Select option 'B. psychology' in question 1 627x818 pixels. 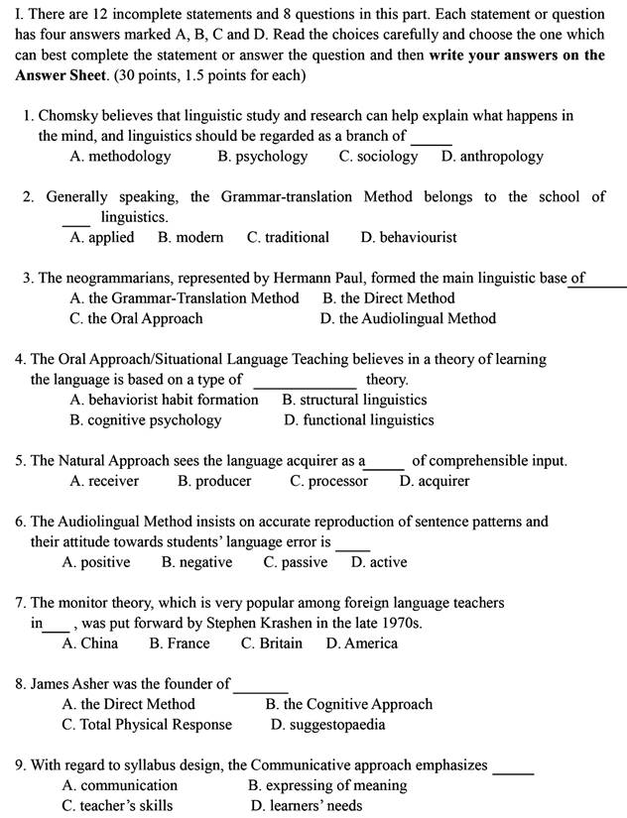pyautogui.click(x=262, y=157)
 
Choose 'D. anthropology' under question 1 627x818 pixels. pyautogui.click(x=492, y=157)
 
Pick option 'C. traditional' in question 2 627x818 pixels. pyautogui.click(x=288, y=238)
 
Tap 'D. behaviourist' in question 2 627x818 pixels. pyautogui.click(x=409, y=238)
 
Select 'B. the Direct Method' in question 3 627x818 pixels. pyautogui.click(x=389, y=298)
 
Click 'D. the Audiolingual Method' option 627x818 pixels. pyautogui.click(x=408, y=319)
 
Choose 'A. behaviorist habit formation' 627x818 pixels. pyautogui.click(x=164, y=400)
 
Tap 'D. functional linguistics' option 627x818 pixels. pyautogui.click(x=358, y=420)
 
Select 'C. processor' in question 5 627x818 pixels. pyautogui.click(x=328, y=482)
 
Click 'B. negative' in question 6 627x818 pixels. pyautogui.click(x=196, y=563)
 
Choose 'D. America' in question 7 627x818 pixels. pyautogui.click(x=361, y=643)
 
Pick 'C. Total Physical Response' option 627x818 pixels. pyautogui.click(x=147, y=725)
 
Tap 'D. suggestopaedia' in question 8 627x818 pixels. pyautogui.click(x=327, y=725)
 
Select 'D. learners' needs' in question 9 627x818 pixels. pyautogui.click(x=307, y=806)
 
